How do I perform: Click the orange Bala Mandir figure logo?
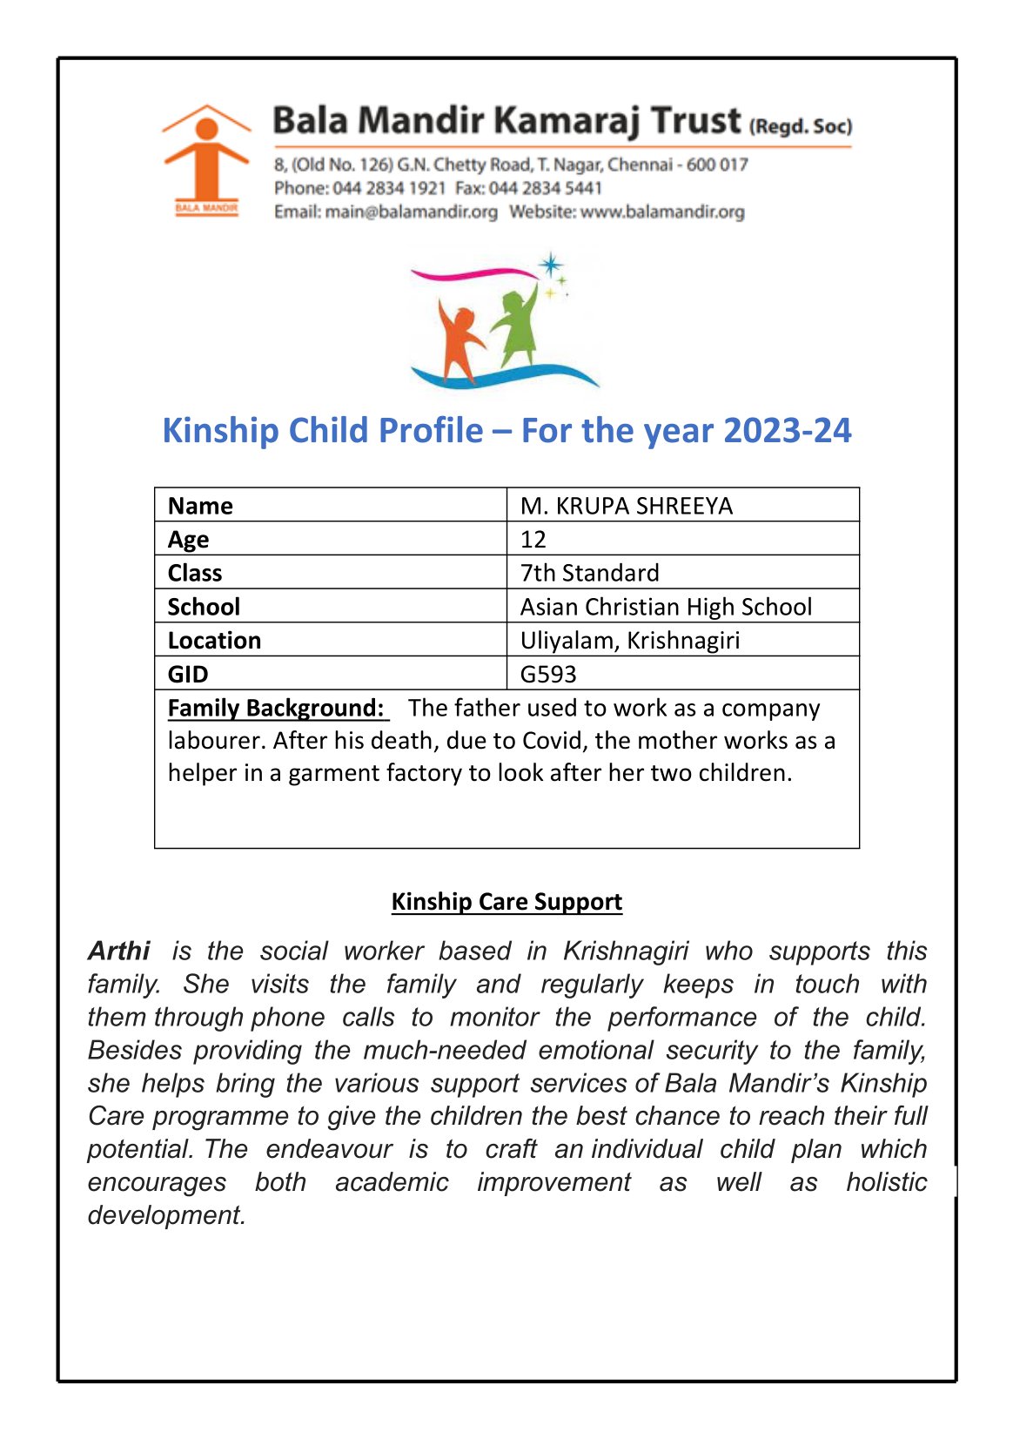(206, 159)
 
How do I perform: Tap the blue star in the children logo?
(550, 266)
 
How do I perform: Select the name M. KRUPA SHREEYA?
(626, 506)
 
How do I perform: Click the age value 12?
(533, 540)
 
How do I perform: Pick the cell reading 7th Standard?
(589, 573)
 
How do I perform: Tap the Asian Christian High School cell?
(666, 607)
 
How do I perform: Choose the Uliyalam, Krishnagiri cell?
(629, 641)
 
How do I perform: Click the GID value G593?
(548, 675)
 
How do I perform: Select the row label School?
(204, 607)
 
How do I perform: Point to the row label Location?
(214, 641)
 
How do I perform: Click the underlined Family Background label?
(277, 709)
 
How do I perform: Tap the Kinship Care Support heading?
(506, 902)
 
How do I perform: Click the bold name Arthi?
(119, 951)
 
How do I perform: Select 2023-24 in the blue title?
(787, 431)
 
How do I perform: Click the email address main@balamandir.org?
(411, 212)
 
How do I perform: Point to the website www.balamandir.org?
(662, 212)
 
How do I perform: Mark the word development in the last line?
(166, 1215)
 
